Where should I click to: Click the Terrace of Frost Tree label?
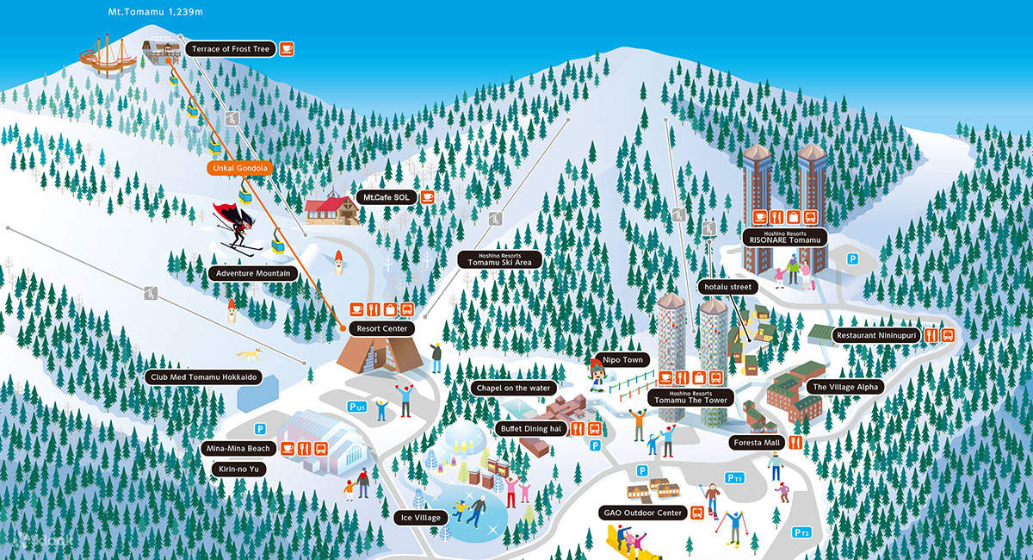[x=228, y=50]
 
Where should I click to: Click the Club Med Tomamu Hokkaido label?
[x=203, y=377]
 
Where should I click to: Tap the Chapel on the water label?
[x=513, y=389]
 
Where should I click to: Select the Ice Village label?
[x=420, y=518]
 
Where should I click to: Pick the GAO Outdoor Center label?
[x=642, y=513]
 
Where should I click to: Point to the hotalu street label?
[x=728, y=286]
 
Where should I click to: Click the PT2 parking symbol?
[x=801, y=532]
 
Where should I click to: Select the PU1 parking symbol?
[x=356, y=406]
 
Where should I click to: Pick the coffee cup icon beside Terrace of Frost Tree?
[x=286, y=49]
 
